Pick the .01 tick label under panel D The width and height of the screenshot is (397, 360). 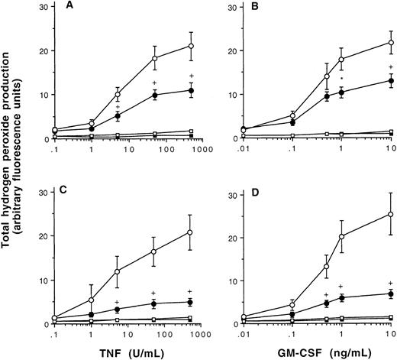pos(243,333)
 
